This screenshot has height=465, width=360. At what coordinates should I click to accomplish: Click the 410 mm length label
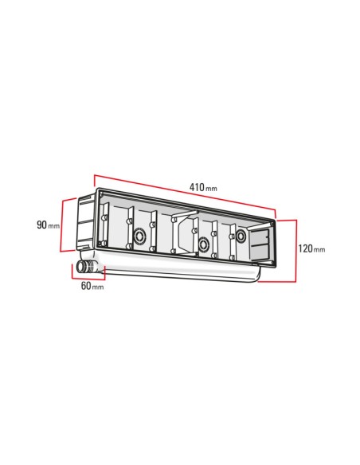tap(203, 187)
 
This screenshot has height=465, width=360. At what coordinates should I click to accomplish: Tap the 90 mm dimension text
tap(48, 225)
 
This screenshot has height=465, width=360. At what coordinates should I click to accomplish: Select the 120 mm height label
tap(311, 248)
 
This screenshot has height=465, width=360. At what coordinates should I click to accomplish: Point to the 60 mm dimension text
tap(92, 286)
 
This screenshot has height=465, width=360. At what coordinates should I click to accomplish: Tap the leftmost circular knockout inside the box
tap(139, 236)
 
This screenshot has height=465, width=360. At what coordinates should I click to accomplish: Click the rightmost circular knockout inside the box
tap(241, 236)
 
